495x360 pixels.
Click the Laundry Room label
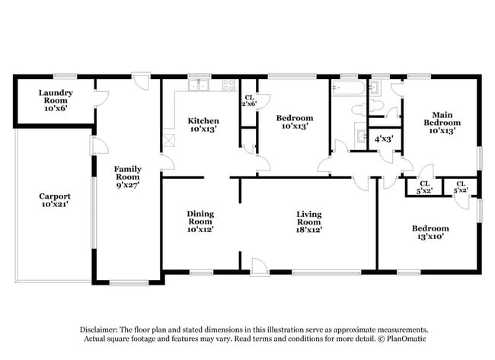(x=55, y=100)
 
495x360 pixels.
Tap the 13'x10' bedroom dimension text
(x=430, y=237)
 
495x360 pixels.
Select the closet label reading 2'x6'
(x=249, y=103)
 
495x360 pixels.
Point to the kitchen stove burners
(x=228, y=85)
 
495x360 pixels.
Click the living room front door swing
(x=260, y=264)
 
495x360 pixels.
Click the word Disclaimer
(x=102, y=330)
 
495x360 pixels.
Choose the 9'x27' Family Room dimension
(x=127, y=183)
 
